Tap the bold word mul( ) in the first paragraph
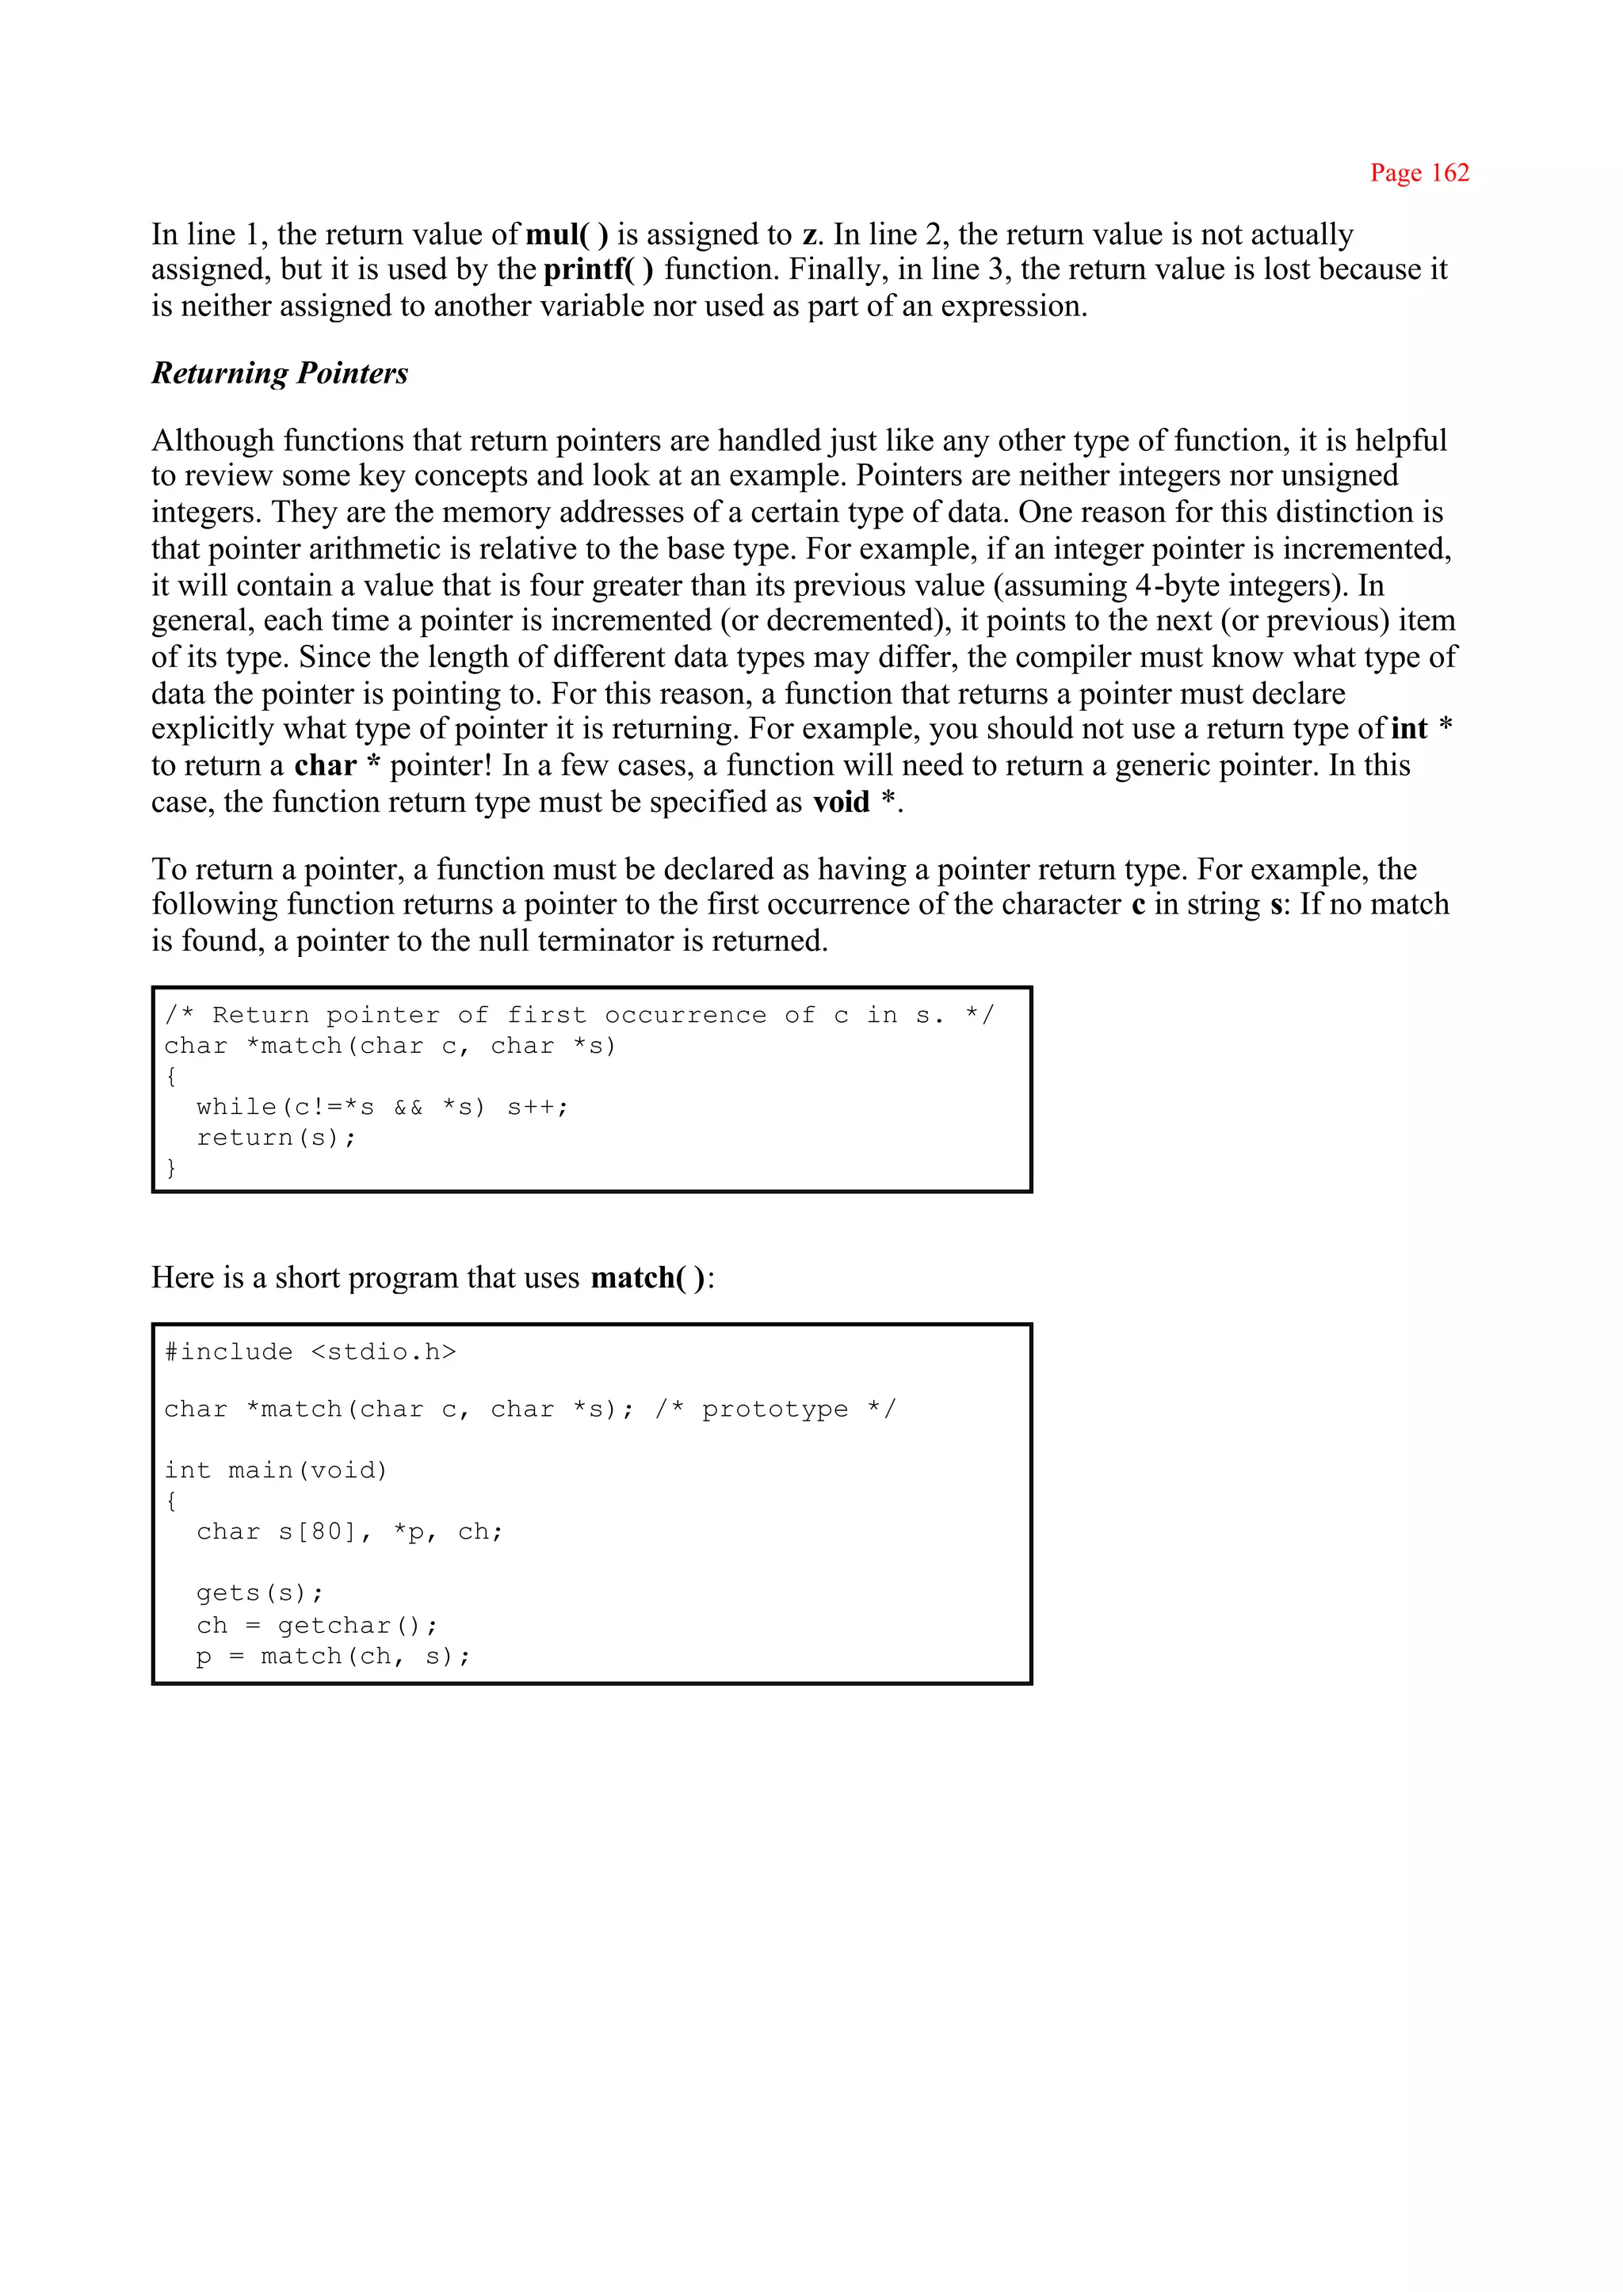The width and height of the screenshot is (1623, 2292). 566,234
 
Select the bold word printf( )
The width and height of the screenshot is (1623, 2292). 598,270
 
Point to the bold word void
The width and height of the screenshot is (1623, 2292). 841,803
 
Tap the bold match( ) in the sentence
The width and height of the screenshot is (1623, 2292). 647,1278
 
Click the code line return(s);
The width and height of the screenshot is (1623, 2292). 276,1137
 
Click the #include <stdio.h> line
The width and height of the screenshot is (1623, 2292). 310,1352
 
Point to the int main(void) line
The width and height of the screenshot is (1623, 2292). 275,1470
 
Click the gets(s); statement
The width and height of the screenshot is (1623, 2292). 260,1592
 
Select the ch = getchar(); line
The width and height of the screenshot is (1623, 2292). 317,1625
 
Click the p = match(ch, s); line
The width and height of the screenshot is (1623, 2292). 333,1656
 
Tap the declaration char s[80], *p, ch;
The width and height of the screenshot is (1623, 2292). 349,1531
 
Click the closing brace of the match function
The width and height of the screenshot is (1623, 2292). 171,1167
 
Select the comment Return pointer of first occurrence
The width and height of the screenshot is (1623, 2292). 579,1015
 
